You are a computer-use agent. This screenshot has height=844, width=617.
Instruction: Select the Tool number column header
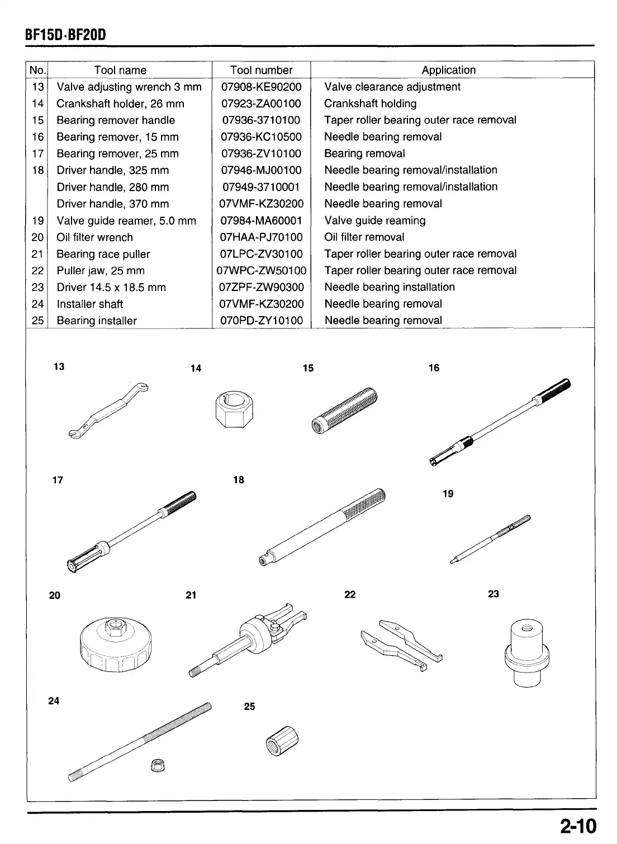(261, 70)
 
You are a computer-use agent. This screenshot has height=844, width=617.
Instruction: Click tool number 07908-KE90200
(261, 87)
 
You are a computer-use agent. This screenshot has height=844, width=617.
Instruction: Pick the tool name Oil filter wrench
(94, 237)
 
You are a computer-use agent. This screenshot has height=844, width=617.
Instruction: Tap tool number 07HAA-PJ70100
(261, 237)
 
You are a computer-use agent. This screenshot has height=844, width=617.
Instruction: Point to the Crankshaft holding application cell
(370, 104)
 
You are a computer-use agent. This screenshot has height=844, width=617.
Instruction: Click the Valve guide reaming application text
(374, 221)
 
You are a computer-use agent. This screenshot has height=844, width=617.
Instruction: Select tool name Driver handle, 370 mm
(112, 204)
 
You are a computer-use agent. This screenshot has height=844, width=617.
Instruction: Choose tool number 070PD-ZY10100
(261, 321)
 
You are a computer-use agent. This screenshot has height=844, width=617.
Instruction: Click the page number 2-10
(576, 826)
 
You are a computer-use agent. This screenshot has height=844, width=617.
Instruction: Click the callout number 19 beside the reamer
(448, 494)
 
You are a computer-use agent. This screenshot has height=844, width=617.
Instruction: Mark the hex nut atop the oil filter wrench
(115, 627)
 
